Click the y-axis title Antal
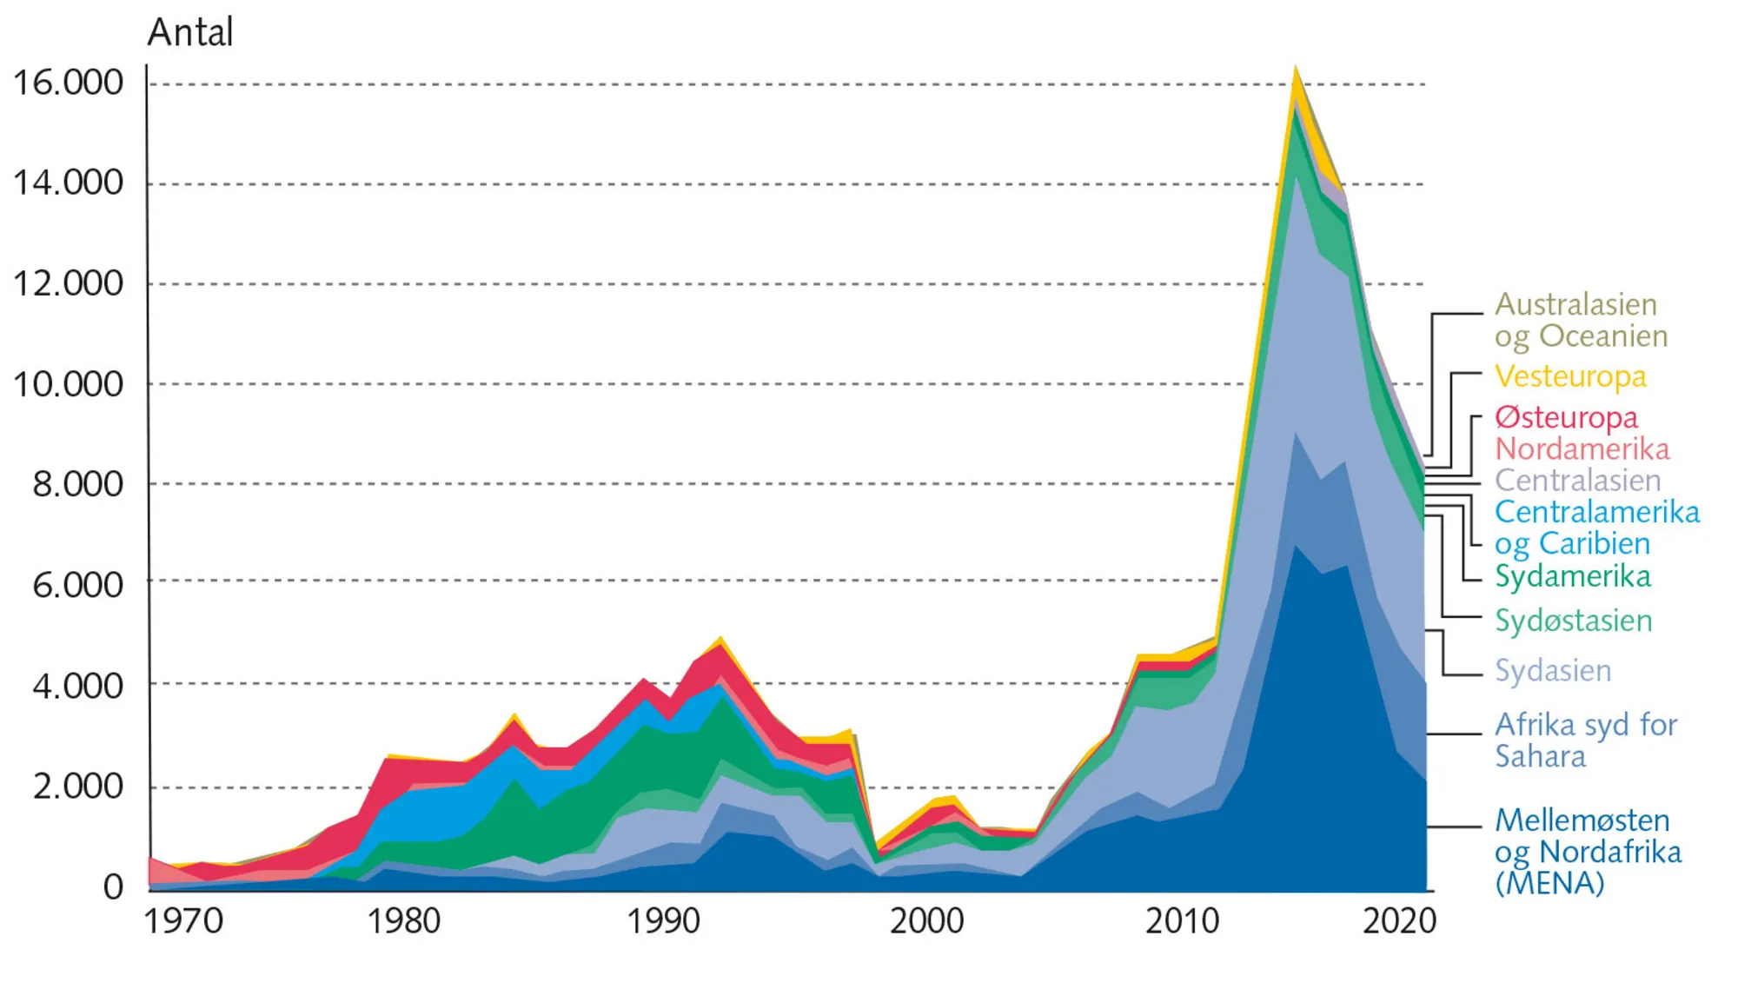coord(190,33)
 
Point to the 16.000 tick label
coord(68,83)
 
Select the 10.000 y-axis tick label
coord(68,384)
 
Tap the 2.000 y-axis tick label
coord(78,787)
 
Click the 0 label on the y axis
coord(113,887)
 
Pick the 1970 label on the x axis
coord(183,921)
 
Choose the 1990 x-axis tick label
coord(664,921)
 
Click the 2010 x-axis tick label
coord(1182,921)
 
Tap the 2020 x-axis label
coord(1399,921)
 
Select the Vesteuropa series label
coord(1570,376)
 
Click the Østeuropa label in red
coord(1566,417)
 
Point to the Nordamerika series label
coord(1582,449)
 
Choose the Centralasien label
coord(1577,481)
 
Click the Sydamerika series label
coord(1573,576)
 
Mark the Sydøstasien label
coord(1574,621)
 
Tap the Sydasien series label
coord(1553,670)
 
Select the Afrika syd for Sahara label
coord(1585,741)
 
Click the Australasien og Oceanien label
coord(1581,320)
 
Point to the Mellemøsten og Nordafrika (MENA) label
coord(1588,852)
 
